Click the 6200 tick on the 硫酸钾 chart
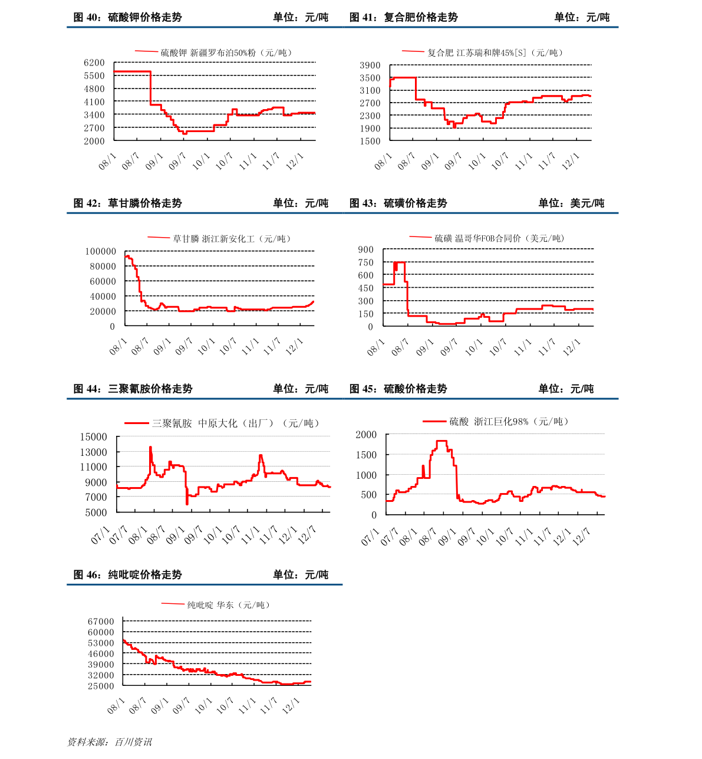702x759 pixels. click(94, 63)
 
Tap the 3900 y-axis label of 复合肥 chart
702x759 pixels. click(370, 65)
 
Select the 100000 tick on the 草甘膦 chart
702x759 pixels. click(101, 251)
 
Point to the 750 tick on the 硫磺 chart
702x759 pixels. click(365, 262)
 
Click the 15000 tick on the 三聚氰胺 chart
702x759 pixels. click(94, 436)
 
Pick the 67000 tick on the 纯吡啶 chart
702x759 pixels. click(101, 622)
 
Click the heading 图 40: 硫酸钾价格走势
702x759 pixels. click(128, 17)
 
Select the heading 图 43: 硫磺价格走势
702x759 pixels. click(398, 203)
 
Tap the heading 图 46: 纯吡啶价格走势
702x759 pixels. click(128, 574)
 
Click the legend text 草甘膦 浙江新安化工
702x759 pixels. click(213, 239)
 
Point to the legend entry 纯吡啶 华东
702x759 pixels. click(210, 605)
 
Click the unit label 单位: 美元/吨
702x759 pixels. click(571, 203)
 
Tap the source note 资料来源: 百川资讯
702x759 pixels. click(110, 742)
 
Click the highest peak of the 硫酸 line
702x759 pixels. click(441, 441)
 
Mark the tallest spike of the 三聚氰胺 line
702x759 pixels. click(150, 447)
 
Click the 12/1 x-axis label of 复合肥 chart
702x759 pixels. click(571, 161)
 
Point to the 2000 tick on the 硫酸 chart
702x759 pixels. click(366, 435)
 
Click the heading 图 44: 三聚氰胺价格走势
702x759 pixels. click(133, 389)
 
